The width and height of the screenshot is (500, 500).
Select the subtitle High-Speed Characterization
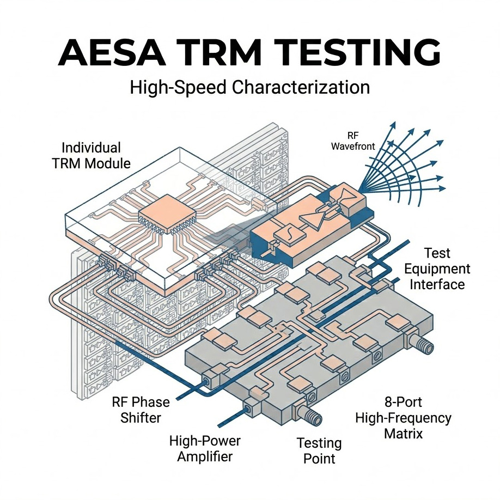(x=250, y=87)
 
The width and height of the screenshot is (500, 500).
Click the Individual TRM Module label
(x=92, y=155)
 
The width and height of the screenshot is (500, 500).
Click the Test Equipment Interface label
(x=437, y=269)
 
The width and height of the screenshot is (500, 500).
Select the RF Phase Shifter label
(x=141, y=410)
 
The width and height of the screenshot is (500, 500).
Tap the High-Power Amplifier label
(x=204, y=448)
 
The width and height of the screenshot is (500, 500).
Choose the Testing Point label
(x=319, y=450)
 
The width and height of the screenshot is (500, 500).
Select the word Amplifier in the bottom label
(x=205, y=456)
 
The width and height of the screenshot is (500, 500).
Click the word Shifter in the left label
(x=141, y=418)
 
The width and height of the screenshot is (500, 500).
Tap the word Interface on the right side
(x=437, y=284)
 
